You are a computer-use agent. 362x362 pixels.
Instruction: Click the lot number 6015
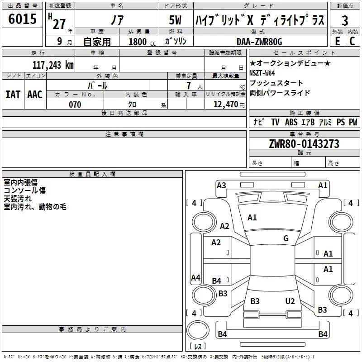coord(22,19)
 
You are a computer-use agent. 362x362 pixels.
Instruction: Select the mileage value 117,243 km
coord(53,65)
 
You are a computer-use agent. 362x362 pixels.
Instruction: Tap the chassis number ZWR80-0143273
coord(304,144)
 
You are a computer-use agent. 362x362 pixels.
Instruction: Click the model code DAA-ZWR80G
coord(259,42)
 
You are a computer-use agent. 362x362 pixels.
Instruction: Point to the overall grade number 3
coord(345,21)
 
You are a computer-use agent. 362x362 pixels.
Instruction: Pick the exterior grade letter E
coord(338,41)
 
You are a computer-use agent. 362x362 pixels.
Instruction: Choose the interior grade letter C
coord(352,41)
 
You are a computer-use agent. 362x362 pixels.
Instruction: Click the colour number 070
coord(75,105)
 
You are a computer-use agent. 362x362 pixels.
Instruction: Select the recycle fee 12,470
coord(226,105)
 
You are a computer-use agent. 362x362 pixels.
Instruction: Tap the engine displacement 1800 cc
coord(142,42)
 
